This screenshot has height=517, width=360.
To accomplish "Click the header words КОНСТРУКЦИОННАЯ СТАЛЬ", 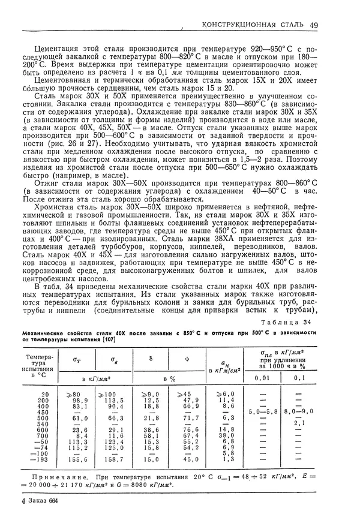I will point(253,25).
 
